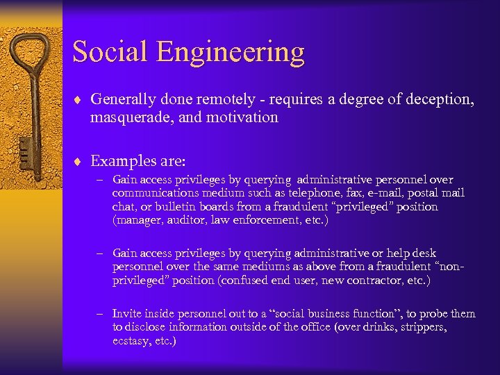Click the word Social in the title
click(x=110, y=52)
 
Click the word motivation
click(x=244, y=118)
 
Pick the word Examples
click(x=121, y=161)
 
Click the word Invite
click(x=126, y=314)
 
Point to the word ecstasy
click(x=131, y=341)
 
